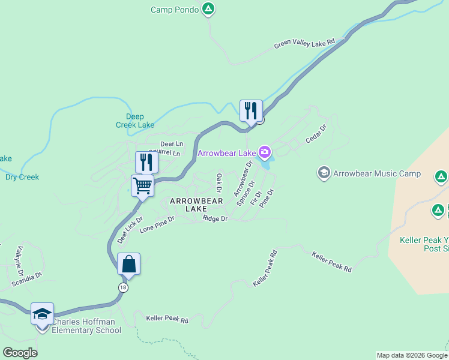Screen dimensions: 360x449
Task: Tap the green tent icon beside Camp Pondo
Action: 208,9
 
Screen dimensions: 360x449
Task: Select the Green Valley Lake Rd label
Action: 304,44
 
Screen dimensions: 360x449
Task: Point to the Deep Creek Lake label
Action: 135,121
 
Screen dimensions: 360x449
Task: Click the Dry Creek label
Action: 22,177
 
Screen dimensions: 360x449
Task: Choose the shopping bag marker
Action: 129,263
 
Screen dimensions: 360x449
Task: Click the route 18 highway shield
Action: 124,288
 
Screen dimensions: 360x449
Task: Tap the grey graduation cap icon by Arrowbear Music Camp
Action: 324,173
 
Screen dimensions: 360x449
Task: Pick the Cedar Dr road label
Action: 315,134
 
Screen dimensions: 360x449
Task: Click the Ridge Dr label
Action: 215,219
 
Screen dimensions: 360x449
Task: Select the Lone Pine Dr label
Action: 157,224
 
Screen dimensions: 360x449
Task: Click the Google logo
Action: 20,353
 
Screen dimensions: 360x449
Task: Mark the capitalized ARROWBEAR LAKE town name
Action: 196,205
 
